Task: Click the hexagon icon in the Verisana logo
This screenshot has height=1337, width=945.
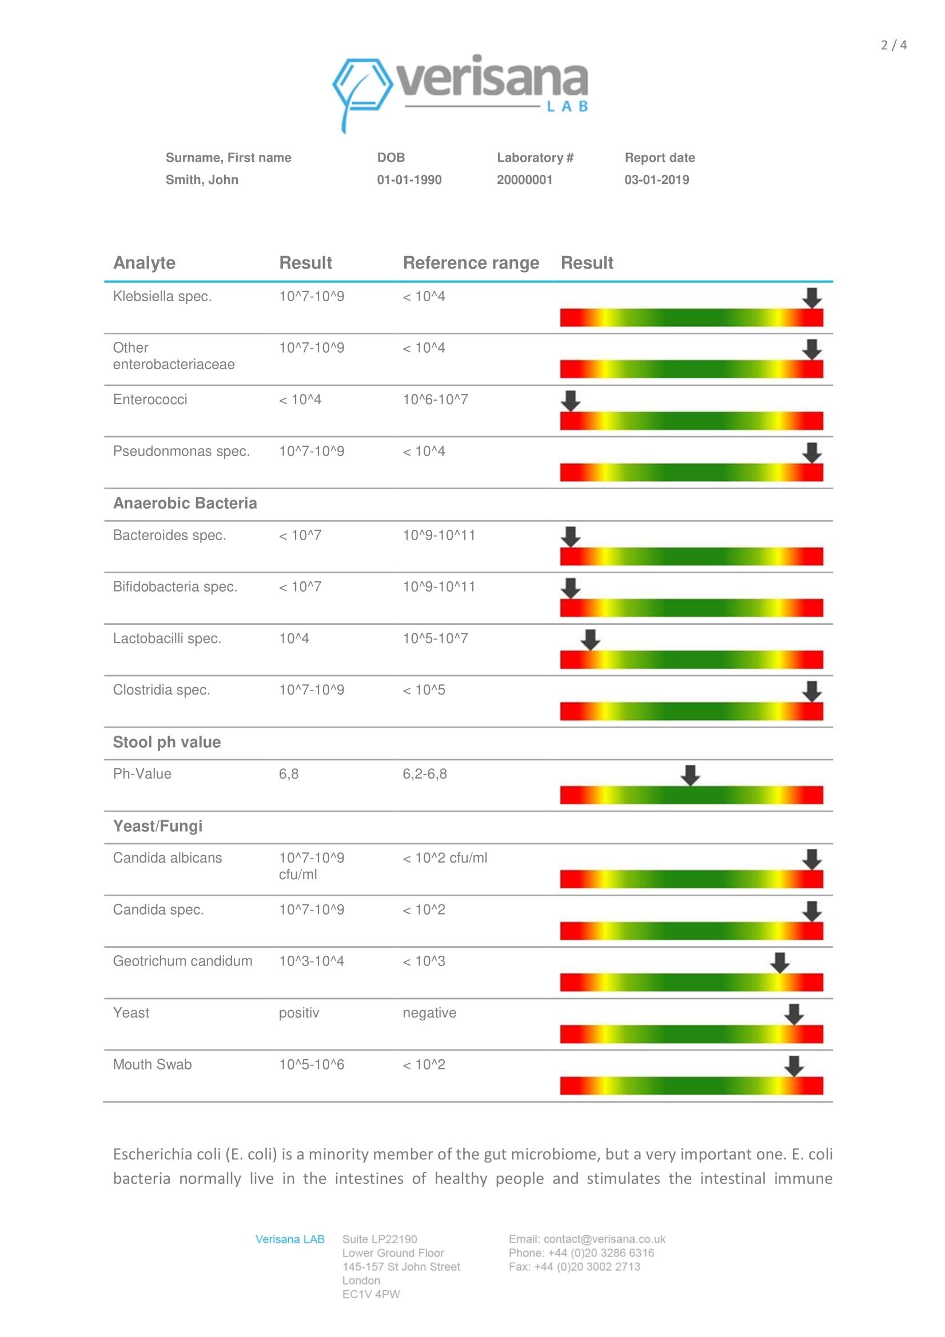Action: pyautogui.click(x=362, y=85)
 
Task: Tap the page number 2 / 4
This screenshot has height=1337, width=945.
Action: pyautogui.click(x=893, y=45)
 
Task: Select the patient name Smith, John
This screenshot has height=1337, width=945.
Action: pyautogui.click(x=201, y=180)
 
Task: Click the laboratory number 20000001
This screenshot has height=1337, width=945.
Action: pyautogui.click(x=524, y=180)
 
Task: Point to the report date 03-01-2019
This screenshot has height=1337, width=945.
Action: pyautogui.click(x=656, y=180)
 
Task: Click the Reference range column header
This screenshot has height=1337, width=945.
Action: pyautogui.click(x=470, y=263)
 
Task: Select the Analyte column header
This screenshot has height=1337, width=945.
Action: pyautogui.click(x=144, y=263)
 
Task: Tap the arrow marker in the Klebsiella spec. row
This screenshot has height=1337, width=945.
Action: pyautogui.click(x=812, y=298)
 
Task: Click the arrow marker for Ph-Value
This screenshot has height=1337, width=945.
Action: pyautogui.click(x=690, y=775)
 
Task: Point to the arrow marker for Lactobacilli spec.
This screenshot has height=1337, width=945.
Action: pyautogui.click(x=590, y=640)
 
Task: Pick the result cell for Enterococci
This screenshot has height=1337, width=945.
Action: pyautogui.click(x=300, y=400)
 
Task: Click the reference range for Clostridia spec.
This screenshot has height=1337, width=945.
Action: pyautogui.click(x=424, y=691)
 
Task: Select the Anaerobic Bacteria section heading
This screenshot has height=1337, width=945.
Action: pyautogui.click(x=185, y=504)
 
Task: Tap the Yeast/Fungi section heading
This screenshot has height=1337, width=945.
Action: pyautogui.click(x=158, y=827)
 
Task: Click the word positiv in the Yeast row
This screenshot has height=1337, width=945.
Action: pyautogui.click(x=298, y=1013)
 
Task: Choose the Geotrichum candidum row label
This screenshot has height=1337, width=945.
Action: pyautogui.click(x=182, y=961)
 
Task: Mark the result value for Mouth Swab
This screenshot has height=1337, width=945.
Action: pyautogui.click(x=312, y=1065)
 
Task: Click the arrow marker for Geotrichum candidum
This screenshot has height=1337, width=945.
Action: pyautogui.click(x=780, y=963)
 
